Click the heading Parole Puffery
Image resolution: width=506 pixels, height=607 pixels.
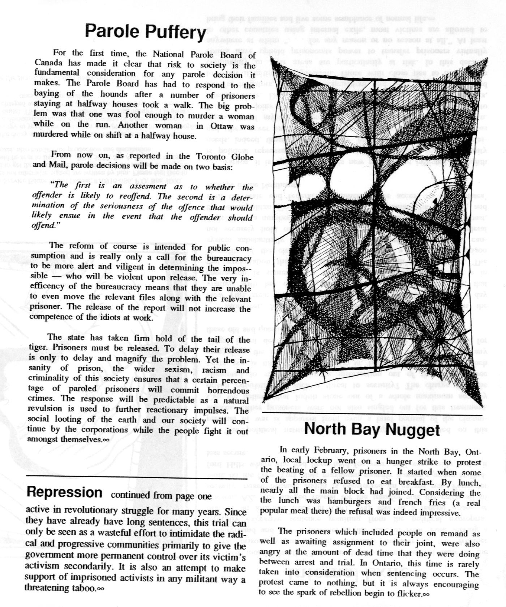[x=145, y=31]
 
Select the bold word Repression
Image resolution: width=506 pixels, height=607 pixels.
[x=64, y=492]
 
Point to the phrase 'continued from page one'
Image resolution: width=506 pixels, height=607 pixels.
[x=161, y=496]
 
